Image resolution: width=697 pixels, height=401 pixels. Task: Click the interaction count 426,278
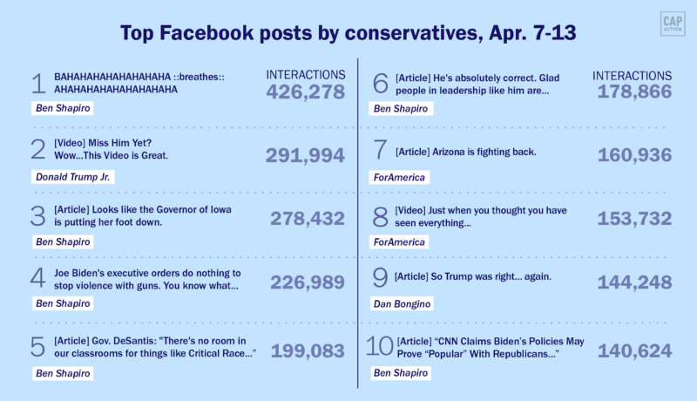(x=305, y=92)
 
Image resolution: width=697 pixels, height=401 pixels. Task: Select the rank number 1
(x=37, y=85)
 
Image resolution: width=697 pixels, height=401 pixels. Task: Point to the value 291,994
(x=305, y=155)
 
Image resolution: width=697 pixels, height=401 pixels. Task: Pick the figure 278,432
(x=308, y=219)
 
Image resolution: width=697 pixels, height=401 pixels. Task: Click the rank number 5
(x=37, y=348)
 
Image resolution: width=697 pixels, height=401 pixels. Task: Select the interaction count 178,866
(x=634, y=92)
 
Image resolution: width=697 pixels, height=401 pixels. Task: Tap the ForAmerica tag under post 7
(x=400, y=177)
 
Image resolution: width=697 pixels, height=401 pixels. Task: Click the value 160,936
(x=634, y=155)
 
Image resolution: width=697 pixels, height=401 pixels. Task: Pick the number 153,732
(x=634, y=219)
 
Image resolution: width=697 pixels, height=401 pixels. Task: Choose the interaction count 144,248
(x=634, y=282)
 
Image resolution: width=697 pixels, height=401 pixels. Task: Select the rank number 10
(x=379, y=348)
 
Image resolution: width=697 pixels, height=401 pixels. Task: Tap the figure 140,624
(x=634, y=350)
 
